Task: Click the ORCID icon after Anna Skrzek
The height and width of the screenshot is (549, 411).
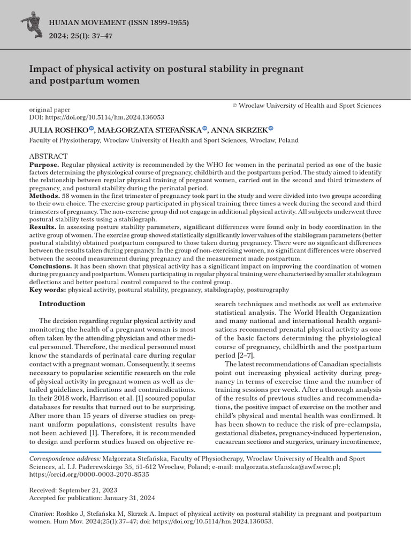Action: pyautogui.click(x=271, y=128)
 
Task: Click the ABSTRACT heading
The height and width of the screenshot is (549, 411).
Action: pyautogui.click(x=48, y=155)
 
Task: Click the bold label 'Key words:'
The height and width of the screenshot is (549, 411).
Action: pyautogui.click(x=48, y=290)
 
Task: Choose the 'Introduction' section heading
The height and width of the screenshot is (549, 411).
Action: pyautogui.click(x=62, y=304)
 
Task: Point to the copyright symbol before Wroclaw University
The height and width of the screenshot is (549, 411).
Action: pyautogui.click(x=234, y=106)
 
